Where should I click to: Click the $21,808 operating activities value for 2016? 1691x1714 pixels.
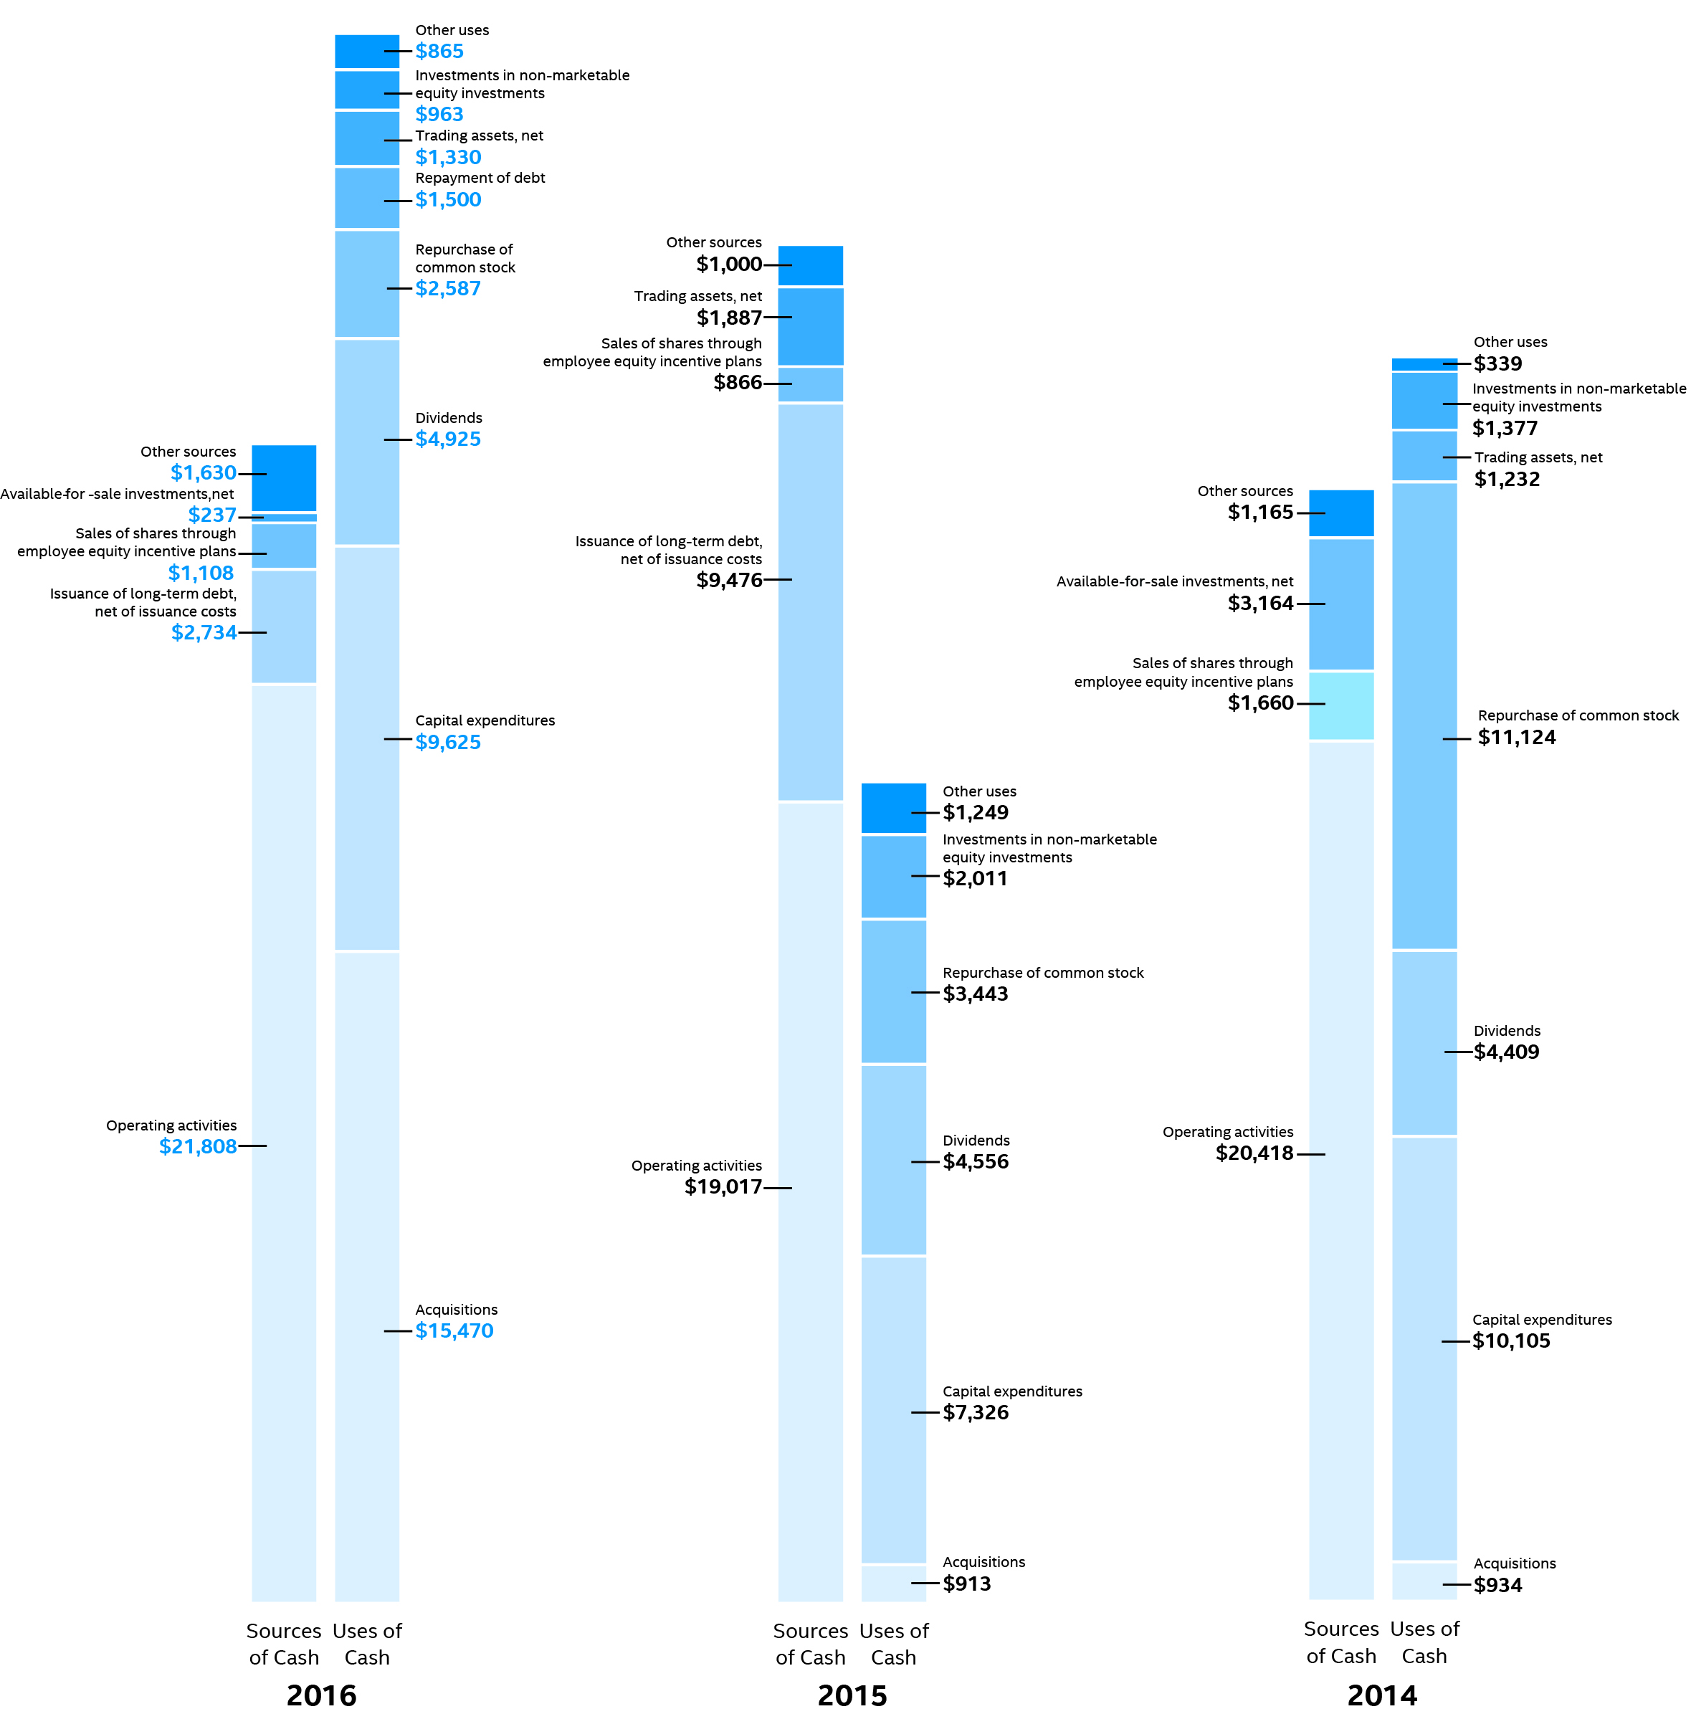coord(198,1146)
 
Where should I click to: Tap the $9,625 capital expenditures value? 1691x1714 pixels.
coord(448,742)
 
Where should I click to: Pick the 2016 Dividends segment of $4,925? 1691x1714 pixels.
coord(366,442)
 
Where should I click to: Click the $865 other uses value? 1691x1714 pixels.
coord(439,52)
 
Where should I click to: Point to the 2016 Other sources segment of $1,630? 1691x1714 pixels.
coord(284,478)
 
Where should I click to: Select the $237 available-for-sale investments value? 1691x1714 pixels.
coord(212,515)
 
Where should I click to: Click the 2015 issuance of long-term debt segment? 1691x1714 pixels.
coord(810,602)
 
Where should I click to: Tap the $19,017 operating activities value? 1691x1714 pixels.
coord(723,1187)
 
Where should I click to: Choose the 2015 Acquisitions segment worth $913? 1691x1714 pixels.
coord(893,1583)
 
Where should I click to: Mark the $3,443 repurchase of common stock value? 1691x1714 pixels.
coord(975,994)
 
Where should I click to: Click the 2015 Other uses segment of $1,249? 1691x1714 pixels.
coord(893,808)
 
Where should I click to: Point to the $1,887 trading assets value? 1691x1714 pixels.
coord(729,318)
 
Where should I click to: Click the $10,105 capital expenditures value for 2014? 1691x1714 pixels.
coord(1511,1341)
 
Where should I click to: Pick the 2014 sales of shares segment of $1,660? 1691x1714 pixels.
coord(1340,706)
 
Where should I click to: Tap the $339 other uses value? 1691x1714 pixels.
coord(1497,363)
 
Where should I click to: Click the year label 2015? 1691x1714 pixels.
coord(852,1695)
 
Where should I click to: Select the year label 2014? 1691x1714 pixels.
coord(1381,1695)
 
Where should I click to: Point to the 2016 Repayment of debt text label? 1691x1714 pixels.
coord(480,178)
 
